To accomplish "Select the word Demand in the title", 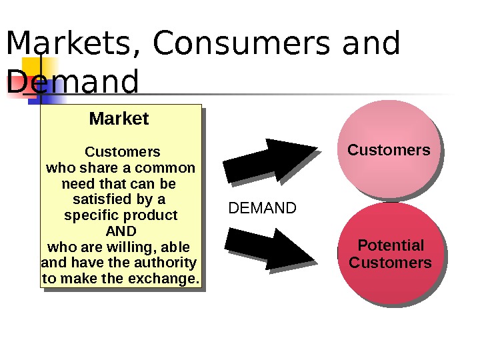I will (x=73, y=83).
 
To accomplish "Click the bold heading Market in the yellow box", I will (x=119, y=119).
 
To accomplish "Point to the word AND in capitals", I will (x=121, y=231).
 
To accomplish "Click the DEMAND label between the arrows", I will (x=262, y=209).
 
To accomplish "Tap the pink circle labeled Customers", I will (x=389, y=149).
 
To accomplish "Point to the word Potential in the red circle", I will (x=391, y=245).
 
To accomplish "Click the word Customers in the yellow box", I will (x=123, y=151).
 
